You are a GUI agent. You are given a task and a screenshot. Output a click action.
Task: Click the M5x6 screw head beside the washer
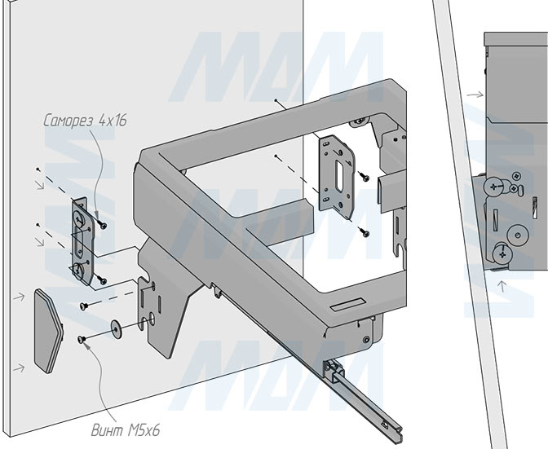[x=81, y=338]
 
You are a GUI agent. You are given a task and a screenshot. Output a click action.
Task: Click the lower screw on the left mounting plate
[x=102, y=280]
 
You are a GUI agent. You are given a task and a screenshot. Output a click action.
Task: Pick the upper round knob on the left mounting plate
[x=79, y=219]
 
